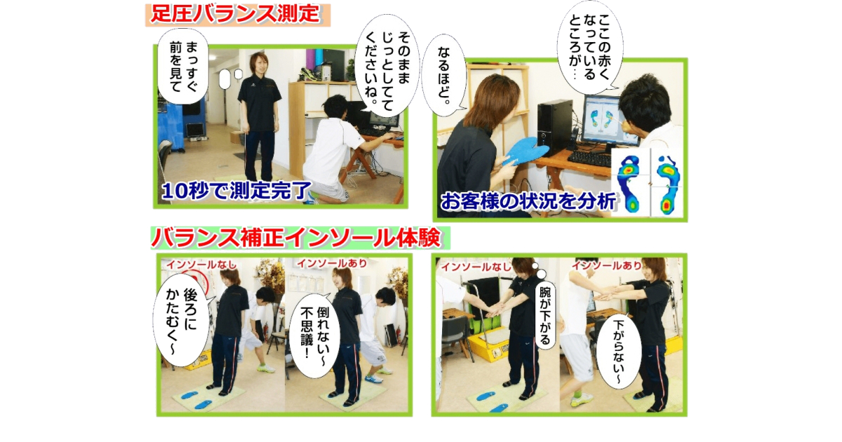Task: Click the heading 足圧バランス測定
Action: tap(236, 13)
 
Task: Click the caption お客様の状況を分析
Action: tap(528, 201)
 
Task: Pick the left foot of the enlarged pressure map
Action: tap(631, 182)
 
